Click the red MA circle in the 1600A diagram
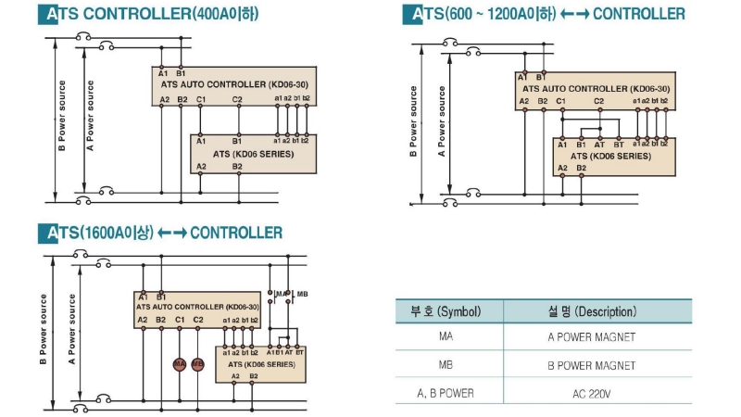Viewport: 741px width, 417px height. pos(180,364)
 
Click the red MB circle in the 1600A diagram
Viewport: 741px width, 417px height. pos(197,364)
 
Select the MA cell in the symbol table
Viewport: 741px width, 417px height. pos(446,338)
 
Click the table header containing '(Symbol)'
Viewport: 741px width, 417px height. pos(446,311)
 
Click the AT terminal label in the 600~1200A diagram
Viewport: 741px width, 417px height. pos(600,145)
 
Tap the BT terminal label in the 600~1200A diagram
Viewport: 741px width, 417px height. pos(618,145)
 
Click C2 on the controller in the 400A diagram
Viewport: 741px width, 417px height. pos(237,98)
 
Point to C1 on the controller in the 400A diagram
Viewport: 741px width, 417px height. pos(200,98)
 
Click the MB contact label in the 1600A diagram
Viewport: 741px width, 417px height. pos(301,294)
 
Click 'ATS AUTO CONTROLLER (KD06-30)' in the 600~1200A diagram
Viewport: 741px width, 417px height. pos(594,88)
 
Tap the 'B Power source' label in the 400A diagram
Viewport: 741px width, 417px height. pos(62,117)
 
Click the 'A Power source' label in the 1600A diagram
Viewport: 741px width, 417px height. pos(72,329)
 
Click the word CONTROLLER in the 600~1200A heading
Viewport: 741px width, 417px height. pos(639,14)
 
